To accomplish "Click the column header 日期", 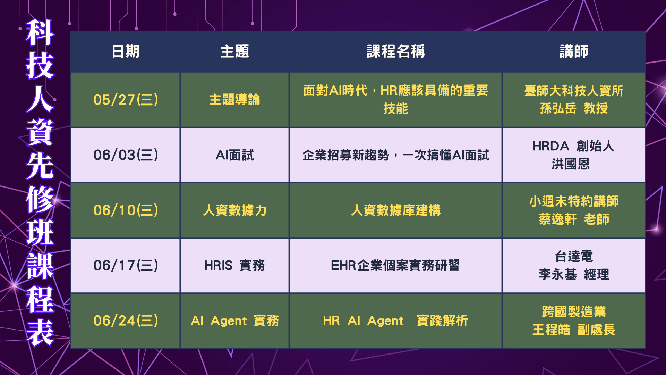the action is (126, 51).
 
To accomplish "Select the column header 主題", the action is (235, 51).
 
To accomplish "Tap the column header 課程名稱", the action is (396, 51).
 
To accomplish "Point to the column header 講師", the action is (574, 51).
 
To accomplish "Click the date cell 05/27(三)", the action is (126, 100).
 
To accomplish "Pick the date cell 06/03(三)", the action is (126, 155).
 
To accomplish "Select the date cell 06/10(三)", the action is (126, 210).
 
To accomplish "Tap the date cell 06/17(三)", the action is (126, 265).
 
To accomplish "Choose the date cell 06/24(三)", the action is (126, 320).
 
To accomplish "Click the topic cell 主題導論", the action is (235, 100).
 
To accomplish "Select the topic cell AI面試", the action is (235, 155).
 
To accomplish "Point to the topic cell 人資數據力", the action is (235, 210).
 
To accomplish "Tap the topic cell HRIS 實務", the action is (235, 265).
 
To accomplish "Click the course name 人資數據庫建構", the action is (396, 210).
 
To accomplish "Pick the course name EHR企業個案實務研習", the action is (395, 265).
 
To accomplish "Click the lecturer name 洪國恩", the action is (571, 164).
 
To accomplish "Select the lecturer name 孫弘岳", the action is (558, 108).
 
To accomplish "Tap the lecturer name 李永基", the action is (558, 274).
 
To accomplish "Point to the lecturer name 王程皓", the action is (552, 330).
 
